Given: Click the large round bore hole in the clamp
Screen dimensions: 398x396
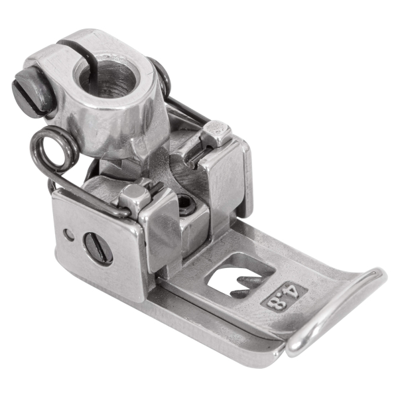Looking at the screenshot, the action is [x=107, y=78].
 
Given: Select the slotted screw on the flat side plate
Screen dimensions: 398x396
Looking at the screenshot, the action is [x=99, y=249].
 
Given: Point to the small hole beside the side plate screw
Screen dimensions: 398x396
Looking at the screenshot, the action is [x=69, y=235].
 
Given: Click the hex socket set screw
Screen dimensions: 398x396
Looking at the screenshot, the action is [x=186, y=205].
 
